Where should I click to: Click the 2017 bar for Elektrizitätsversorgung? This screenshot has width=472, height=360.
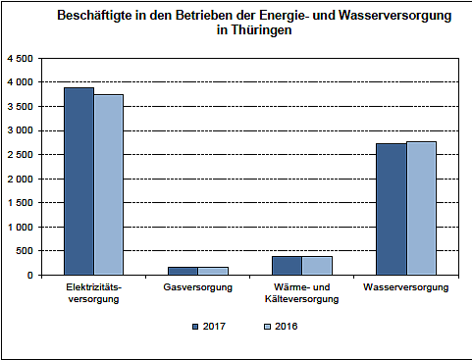pos(79,181)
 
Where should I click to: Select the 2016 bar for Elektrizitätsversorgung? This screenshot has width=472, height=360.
pos(109,184)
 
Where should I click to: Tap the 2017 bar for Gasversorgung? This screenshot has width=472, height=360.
pos(183,271)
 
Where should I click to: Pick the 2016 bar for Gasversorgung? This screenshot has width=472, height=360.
pos(212,271)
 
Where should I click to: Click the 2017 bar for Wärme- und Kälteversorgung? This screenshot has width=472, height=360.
pos(287,265)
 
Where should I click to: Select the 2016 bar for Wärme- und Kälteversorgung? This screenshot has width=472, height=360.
pos(316,265)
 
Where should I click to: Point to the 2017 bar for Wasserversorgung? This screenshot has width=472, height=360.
pos(391,209)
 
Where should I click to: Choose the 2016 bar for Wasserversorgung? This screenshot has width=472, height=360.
pos(420,208)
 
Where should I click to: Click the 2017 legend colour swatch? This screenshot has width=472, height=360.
pos(195,326)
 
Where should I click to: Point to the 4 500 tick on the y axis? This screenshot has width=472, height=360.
pos(20,59)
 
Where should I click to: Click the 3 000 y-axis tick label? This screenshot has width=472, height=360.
pos(20,130)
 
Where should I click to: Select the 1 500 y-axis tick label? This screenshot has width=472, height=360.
pos(20,203)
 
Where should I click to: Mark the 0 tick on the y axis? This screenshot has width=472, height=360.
pos(30,276)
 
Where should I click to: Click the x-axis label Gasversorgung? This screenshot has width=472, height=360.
pos(197,288)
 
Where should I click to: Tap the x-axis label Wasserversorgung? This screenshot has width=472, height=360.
pos(405,288)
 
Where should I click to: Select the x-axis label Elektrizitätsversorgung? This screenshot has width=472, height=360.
pos(93,294)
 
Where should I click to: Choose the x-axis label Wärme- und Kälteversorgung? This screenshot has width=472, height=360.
pos(301,294)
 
